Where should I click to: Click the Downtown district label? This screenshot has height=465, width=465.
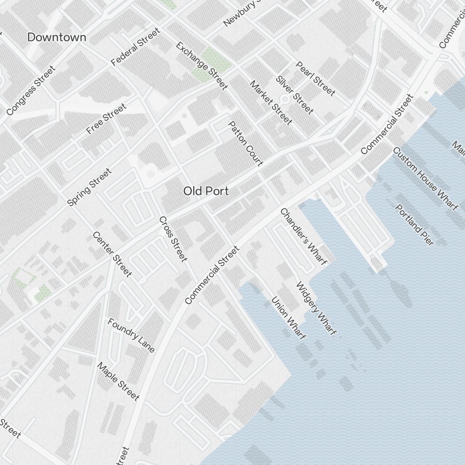[x=57, y=38]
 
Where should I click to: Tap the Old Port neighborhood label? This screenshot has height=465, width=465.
[x=206, y=191]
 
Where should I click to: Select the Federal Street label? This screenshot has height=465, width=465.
[x=136, y=46]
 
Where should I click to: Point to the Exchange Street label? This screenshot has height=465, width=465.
[x=202, y=66]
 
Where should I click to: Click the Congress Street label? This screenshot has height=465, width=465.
[x=31, y=91]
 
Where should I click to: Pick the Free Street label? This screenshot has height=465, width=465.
[x=106, y=119]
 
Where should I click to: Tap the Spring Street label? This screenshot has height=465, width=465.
[x=89, y=187]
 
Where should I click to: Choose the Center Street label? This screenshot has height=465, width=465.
[x=112, y=254]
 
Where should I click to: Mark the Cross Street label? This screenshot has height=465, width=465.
[x=173, y=239]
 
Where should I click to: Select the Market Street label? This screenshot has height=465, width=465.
[x=271, y=103]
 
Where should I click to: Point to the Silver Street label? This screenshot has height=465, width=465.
[x=294, y=94]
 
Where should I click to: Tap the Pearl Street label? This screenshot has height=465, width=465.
[x=315, y=79]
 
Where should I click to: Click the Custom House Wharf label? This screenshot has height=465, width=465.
[x=425, y=179]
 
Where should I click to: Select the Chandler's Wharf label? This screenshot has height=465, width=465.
[x=304, y=236]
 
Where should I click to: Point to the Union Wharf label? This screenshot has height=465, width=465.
[x=288, y=318]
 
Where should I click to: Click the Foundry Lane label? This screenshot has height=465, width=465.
[x=131, y=335]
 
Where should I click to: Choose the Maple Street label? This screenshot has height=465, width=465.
[x=118, y=381]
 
